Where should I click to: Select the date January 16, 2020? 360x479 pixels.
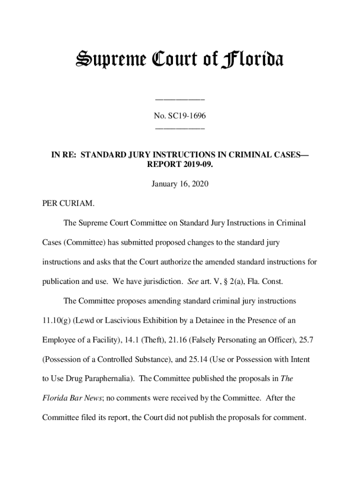180,184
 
